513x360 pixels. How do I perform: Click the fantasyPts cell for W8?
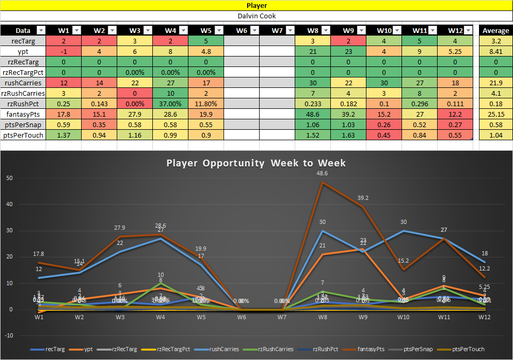point(313,114)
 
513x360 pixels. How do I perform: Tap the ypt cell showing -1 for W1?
point(63,51)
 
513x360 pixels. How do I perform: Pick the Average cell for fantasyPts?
point(495,114)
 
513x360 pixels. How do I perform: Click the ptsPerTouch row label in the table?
point(23,135)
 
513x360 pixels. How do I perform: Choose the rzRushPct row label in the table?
point(23,104)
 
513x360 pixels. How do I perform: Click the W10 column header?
point(384,30)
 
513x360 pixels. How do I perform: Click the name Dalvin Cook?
point(256,16)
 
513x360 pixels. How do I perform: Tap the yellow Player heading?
point(256,6)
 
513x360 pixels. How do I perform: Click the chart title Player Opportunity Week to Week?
point(256,163)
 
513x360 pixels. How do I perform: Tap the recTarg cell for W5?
point(206,41)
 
